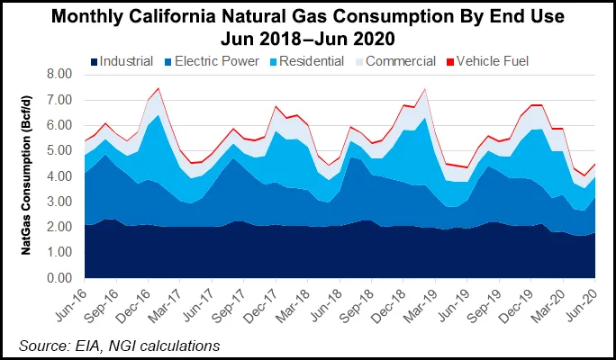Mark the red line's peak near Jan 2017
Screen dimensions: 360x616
(x=159, y=88)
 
